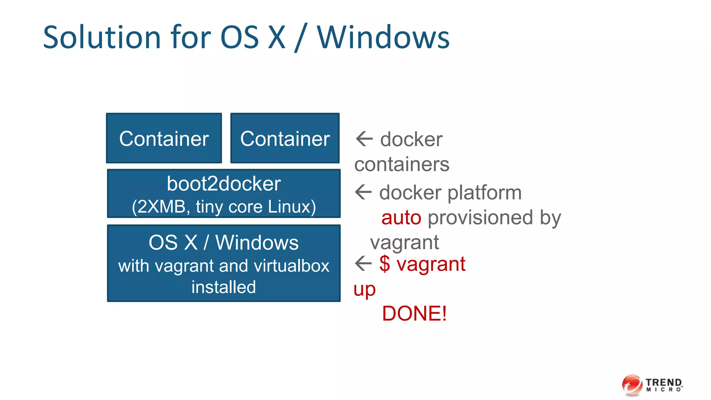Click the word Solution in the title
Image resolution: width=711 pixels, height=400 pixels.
[x=102, y=37]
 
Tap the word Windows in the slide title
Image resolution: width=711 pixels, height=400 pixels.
[x=383, y=37]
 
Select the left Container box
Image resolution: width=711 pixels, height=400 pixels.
[x=164, y=138]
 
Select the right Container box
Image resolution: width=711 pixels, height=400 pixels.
[x=285, y=138]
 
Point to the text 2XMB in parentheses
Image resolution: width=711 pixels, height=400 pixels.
[x=161, y=207]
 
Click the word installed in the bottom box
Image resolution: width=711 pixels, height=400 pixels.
[x=224, y=287]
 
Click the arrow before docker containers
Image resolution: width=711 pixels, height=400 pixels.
[x=364, y=139]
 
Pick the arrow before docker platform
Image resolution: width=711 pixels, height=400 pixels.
[x=363, y=192]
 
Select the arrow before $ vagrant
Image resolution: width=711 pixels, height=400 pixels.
[x=363, y=263]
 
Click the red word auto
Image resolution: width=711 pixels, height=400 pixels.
[x=401, y=218]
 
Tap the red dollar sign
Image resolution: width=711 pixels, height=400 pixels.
[x=385, y=264]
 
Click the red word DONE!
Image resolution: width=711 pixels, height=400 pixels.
[x=414, y=314]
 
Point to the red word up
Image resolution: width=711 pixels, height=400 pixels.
[x=365, y=290]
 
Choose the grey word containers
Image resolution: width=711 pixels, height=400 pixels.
[x=402, y=164]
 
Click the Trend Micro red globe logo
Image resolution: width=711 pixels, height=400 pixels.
[x=632, y=385]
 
